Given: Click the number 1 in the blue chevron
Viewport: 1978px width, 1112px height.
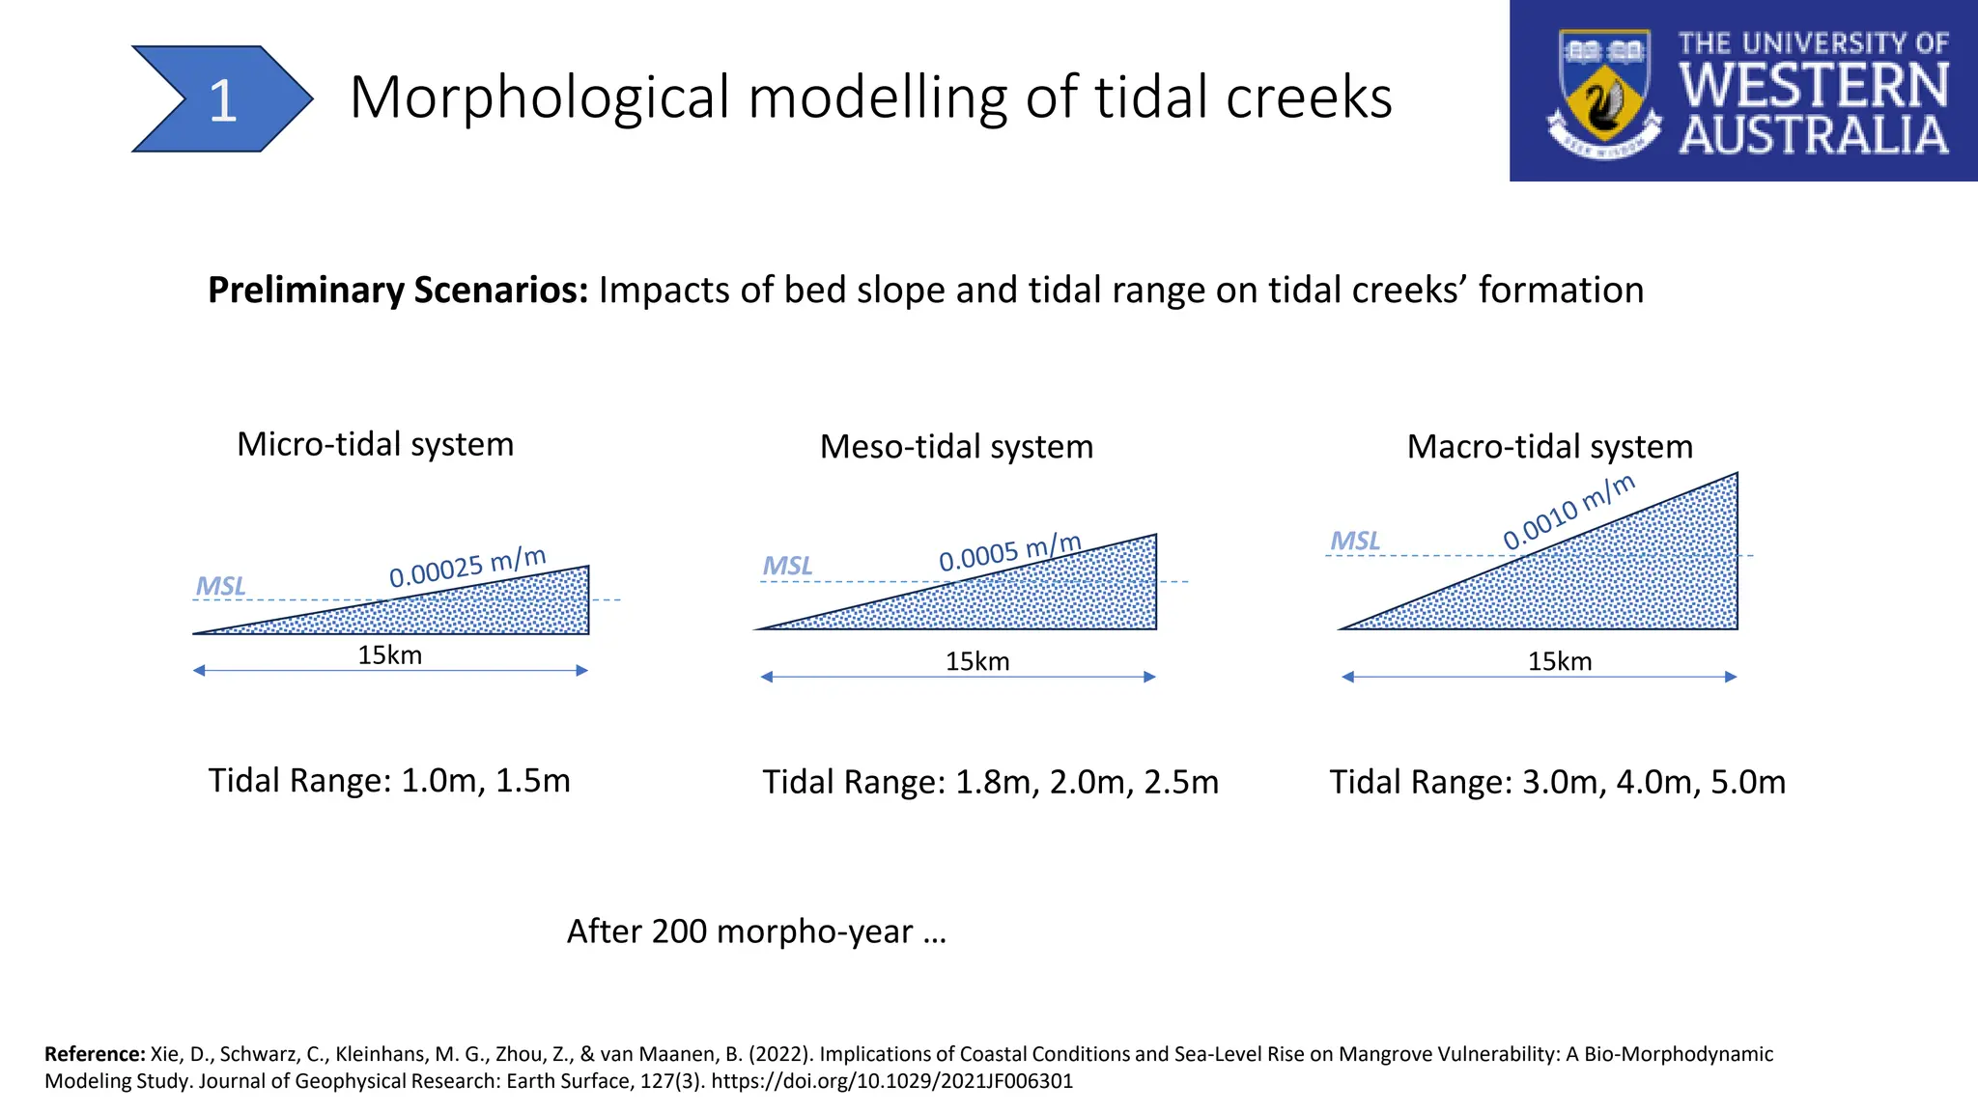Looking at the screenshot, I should (x=223, y=100).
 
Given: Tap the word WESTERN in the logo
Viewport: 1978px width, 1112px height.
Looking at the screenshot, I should (x=1814, y=86).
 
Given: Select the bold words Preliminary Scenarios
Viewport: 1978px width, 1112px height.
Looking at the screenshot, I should (x=398, y=290).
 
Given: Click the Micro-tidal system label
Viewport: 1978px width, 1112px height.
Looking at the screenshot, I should (x=375, y=444).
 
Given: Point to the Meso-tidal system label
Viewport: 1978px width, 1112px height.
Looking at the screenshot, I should (x=956, y=447).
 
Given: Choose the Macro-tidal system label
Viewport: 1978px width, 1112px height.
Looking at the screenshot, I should (x=1549, y=447).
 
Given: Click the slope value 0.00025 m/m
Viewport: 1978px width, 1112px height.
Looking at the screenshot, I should (x=467, y=568).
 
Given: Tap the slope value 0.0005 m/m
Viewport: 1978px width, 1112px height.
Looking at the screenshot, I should (x=1009, y=553).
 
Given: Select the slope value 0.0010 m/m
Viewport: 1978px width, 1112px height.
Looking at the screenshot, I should (x=1568, y=512).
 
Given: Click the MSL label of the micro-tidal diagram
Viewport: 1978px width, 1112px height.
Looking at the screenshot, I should (x=220, y=586).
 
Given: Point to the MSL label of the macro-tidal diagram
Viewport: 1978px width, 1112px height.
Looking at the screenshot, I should (x=1355, y=541).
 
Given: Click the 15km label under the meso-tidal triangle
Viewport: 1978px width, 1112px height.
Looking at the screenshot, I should (x=976, y=661).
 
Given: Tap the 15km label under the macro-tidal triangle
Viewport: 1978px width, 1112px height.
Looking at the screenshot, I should (x=1559, y=661).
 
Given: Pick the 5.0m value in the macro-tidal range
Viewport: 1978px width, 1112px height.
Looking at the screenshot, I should (x=1747, y=782).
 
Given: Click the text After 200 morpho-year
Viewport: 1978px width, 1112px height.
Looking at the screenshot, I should (x=755, y=931).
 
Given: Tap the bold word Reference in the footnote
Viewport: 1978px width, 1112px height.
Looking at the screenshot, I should (x=94, y=1054).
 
